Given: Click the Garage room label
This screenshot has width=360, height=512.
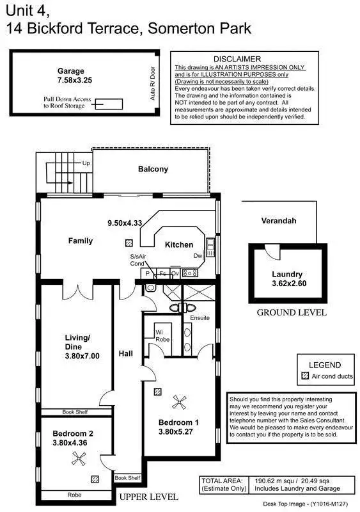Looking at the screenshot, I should coord(72,71).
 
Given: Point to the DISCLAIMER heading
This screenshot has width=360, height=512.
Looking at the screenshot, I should coord(237,58).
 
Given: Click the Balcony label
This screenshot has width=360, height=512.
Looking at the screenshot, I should coord(153,170).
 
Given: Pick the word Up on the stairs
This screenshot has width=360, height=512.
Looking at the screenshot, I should coord(86,164).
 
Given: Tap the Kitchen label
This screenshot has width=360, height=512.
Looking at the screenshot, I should coord(179,244).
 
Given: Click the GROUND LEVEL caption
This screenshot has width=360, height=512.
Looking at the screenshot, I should coord(291,313).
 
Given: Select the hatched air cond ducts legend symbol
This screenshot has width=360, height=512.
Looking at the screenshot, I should coord(304,376).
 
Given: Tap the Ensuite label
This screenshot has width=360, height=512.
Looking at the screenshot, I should coord(200,317).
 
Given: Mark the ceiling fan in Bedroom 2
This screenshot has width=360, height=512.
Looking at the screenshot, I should coord(79,458).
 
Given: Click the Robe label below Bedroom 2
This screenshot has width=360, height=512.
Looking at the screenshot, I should coord(74,495).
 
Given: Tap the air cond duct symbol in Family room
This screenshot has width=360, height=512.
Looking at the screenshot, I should coord(129,243).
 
